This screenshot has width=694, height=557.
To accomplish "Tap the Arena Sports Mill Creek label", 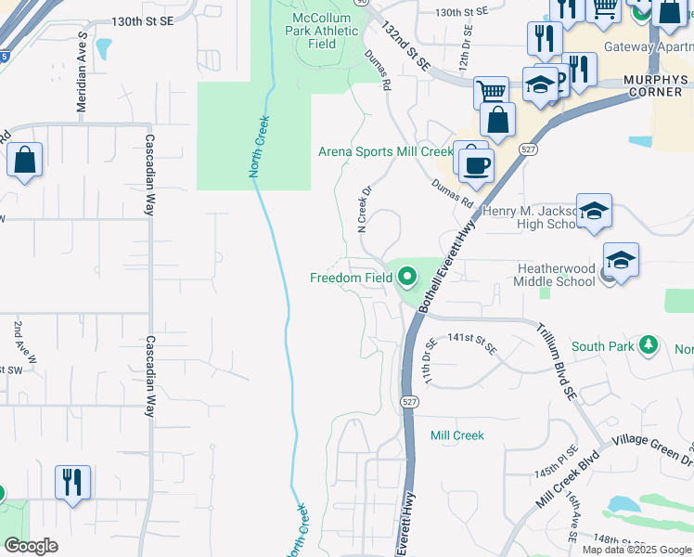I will click(x=385, y=151).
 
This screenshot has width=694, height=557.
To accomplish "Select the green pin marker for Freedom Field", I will click(x=406, y=276).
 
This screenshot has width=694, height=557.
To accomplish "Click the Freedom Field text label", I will click(x=350, y=278).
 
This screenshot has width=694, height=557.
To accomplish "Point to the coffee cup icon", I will click(x=477, y=164).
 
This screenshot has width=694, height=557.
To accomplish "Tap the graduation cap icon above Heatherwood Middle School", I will click(x=621, y=258).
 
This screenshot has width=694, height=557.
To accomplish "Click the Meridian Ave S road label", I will click(x=82, y=58).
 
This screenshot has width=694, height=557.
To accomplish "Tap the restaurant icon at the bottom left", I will click(x=72, y=482).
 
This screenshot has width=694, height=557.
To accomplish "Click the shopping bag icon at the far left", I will click(x=24, y=159).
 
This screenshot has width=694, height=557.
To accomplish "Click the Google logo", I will click(x=31, y=546).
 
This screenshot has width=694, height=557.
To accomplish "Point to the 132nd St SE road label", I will click(x=410, y=49).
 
